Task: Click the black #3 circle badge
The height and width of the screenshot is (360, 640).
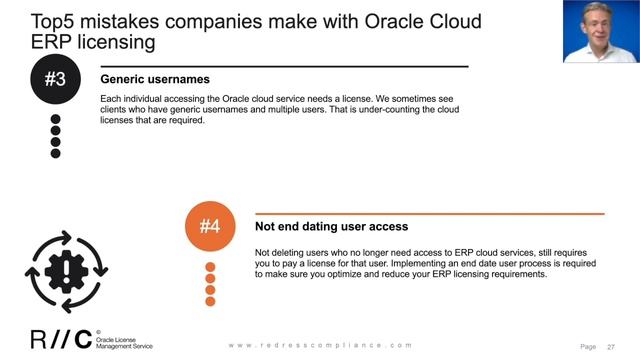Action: [x=56, y=79]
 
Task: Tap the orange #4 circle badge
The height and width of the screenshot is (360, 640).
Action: [x=210, y=227]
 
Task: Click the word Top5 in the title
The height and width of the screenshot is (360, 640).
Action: [x=57, y=20]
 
